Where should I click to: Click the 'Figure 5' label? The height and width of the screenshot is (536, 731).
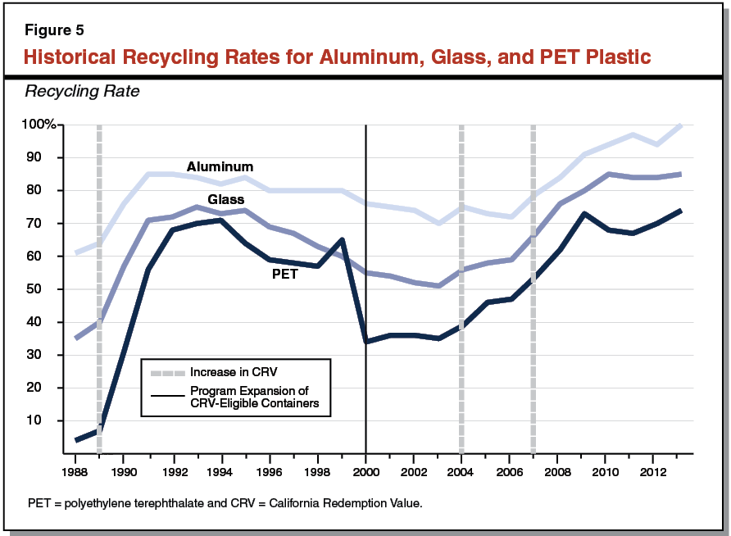(x=54, y=31)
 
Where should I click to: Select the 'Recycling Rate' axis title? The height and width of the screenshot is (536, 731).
(x=82, y=91)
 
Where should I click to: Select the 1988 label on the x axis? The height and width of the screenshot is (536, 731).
(x=75, y=474)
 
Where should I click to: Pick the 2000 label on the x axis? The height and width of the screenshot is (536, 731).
(x=365, y=474)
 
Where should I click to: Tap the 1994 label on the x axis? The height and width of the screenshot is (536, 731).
(x=220, y=474)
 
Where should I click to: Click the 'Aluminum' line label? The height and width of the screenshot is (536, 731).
(x=220, y=166)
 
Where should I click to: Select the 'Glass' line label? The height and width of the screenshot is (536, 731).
(x=226, y=199)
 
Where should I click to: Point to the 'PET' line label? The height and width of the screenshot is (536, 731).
(x=284, y=275)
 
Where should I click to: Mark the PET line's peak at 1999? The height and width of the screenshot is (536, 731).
(x=341, y=239)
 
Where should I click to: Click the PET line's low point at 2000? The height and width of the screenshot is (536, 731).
(x=365, y=342)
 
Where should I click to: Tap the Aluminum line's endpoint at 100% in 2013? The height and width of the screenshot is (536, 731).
(x=680, y=125)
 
